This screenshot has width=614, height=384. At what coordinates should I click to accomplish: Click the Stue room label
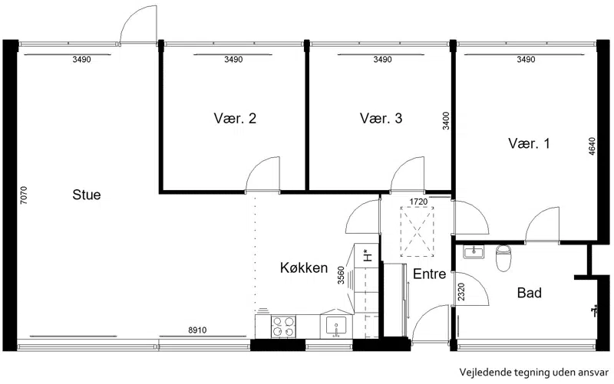(87, 195)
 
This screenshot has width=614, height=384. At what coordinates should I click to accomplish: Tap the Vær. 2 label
(235, 118)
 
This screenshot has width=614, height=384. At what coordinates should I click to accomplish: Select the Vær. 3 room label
(381, 118)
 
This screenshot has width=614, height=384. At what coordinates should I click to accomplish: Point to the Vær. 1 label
(529, 143)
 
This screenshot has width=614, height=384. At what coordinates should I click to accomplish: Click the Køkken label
(304, 267)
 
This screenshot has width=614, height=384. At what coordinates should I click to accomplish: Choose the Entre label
(430, 274)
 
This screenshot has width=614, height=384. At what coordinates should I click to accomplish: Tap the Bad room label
(530, 293)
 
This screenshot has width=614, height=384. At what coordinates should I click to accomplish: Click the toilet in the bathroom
(503, 258)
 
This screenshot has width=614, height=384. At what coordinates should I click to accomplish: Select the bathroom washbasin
(474, 252)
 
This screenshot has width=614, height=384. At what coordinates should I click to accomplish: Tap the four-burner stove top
(283, 327)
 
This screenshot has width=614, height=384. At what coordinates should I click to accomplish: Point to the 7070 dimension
(24, 195)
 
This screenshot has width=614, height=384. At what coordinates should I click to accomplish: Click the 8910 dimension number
(197, 330)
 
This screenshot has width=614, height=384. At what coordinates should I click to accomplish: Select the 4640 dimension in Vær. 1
(592, 146)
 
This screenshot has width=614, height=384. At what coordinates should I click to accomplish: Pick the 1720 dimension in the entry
(418, 202)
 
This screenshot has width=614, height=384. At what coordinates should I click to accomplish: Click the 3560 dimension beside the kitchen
(341, 275)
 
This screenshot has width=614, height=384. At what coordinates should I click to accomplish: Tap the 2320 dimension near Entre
(461, 292)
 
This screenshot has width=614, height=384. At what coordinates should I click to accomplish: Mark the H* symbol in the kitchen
(368, 255)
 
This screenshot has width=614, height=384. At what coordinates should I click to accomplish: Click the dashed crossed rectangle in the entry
(417, 231)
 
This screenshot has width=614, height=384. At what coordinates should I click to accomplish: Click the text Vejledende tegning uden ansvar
(534, 372)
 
